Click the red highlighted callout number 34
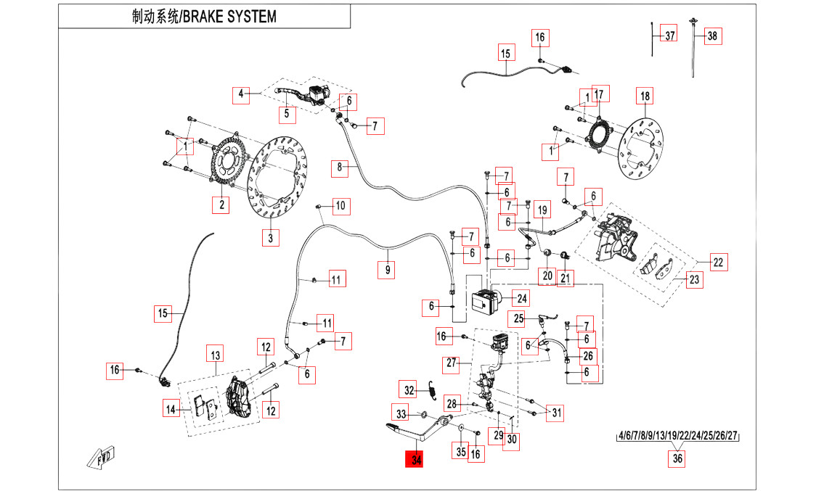[x=416, y=460]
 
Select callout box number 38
[x=711, y=36]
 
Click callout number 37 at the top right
[x=670, y=36]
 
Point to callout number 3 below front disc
[x=270, y=237]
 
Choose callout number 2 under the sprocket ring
[x=221, y=205]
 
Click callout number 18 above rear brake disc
[x=644, y=96]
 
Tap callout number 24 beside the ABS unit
[x=521, y=297]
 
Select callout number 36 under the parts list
[x=677, y=459]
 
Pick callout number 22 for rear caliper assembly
[x=718, y=263]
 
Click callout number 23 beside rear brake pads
[x=695, y=279]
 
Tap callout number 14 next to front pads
[x=171, y=410]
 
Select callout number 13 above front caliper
[x=215, y=355]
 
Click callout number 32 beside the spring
[x=409, y=390]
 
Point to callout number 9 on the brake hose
[x=388, y=270]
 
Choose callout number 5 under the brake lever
[x=287, y=113]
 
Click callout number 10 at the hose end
[x=340, y=206]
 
